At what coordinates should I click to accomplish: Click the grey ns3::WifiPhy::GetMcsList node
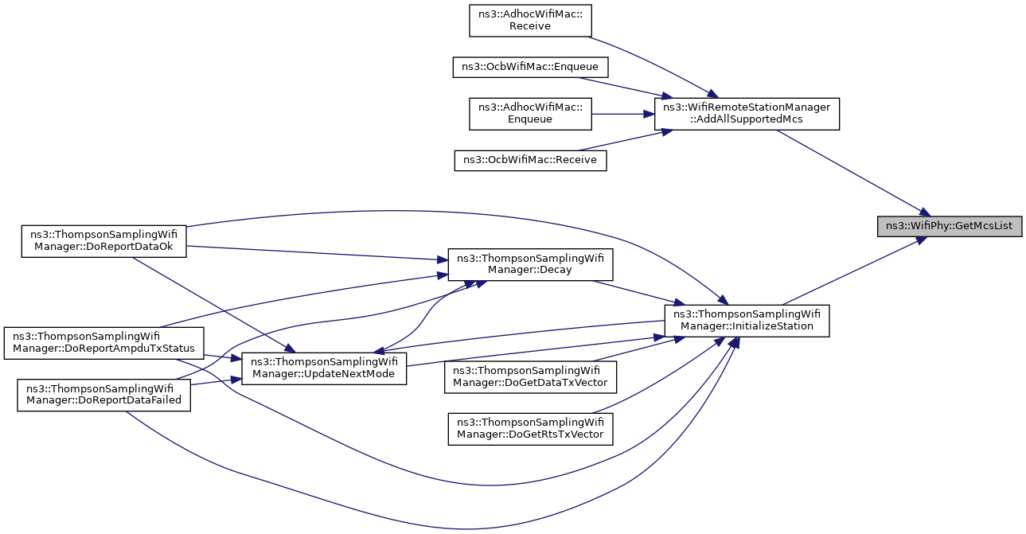point(950,227)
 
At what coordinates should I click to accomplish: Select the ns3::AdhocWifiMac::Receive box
point(530,21)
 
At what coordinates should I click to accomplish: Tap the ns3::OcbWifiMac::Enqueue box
point(530,68)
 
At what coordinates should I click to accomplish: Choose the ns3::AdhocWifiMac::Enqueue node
point(530,114)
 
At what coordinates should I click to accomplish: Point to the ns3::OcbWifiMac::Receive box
point(530,161)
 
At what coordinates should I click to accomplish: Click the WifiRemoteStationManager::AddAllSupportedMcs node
point(747,114)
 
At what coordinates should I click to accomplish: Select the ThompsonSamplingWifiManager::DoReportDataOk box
point(104,241)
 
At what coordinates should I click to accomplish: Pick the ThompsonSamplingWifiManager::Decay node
point(530,265)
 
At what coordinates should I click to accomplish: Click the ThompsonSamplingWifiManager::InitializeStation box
point(747,321)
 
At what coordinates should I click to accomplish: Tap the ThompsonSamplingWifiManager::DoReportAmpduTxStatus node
point(104,343)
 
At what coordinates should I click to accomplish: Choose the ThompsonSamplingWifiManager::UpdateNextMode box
point(324,368)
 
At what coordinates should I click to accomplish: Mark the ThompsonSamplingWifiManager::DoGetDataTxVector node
point(530,377)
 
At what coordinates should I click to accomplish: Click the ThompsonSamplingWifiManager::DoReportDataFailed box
point(104,396)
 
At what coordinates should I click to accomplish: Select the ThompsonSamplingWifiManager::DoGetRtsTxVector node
point(530,429)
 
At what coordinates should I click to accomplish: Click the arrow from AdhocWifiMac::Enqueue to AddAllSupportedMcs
point(623,114)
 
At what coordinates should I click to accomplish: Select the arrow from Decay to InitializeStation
point(638,293)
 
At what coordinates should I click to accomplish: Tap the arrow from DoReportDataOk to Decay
point(318,253)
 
